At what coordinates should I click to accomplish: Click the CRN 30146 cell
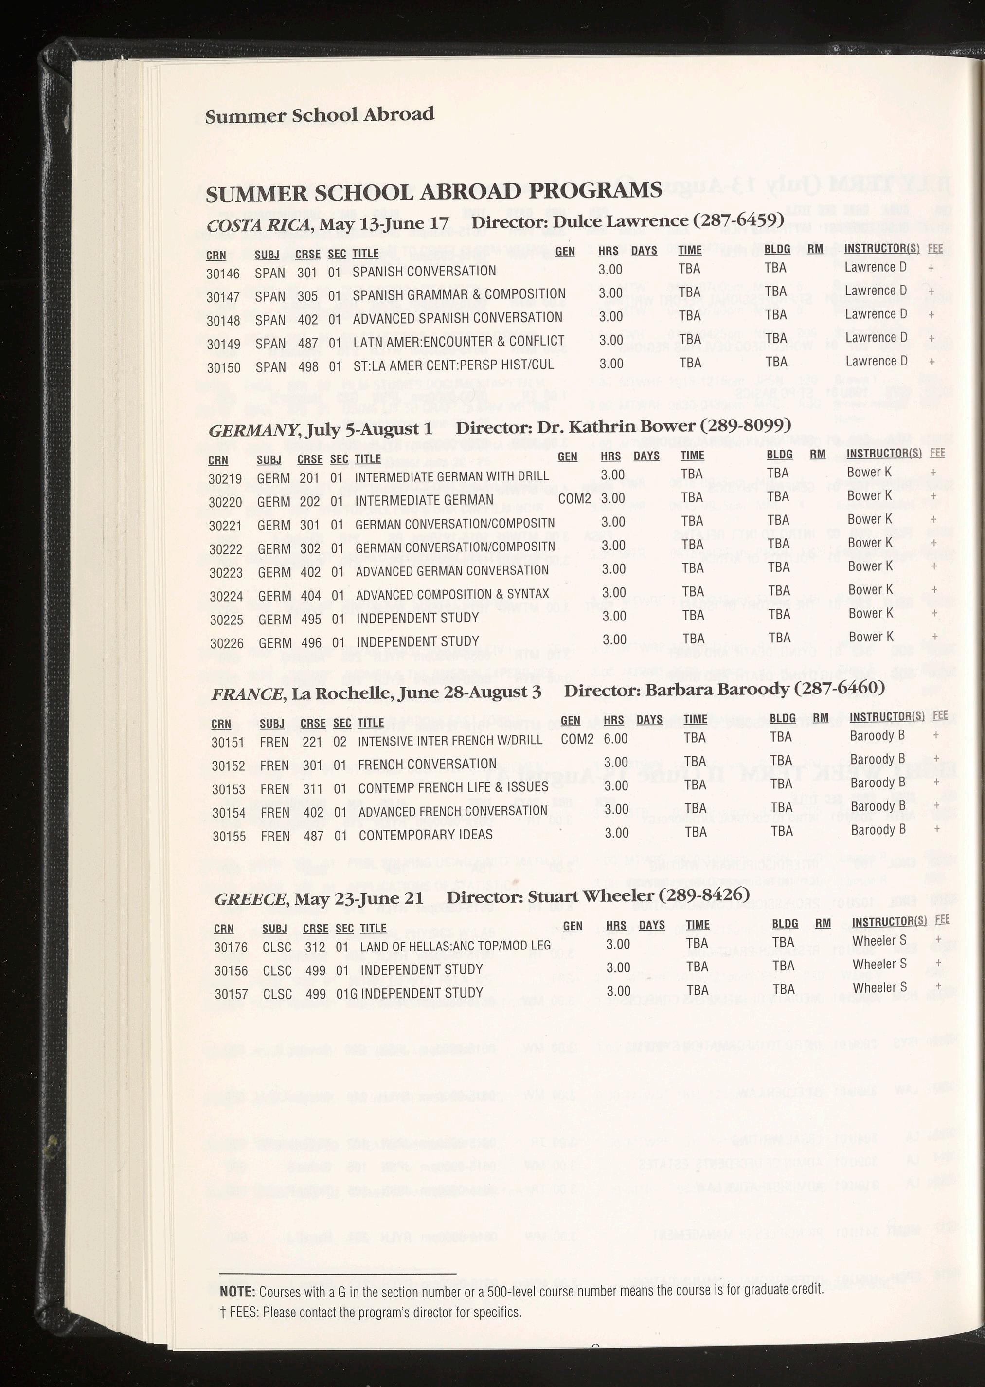(223, 274)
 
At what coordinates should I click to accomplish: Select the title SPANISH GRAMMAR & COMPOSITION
(459, 295)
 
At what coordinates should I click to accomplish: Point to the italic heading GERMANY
(253, 431)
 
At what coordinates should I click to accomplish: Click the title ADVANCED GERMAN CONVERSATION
(452, 571)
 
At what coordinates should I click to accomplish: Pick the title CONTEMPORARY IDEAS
(425, 835)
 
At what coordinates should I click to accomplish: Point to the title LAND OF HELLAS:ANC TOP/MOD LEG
(455, 945)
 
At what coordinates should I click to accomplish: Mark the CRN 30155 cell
(229, 837)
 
